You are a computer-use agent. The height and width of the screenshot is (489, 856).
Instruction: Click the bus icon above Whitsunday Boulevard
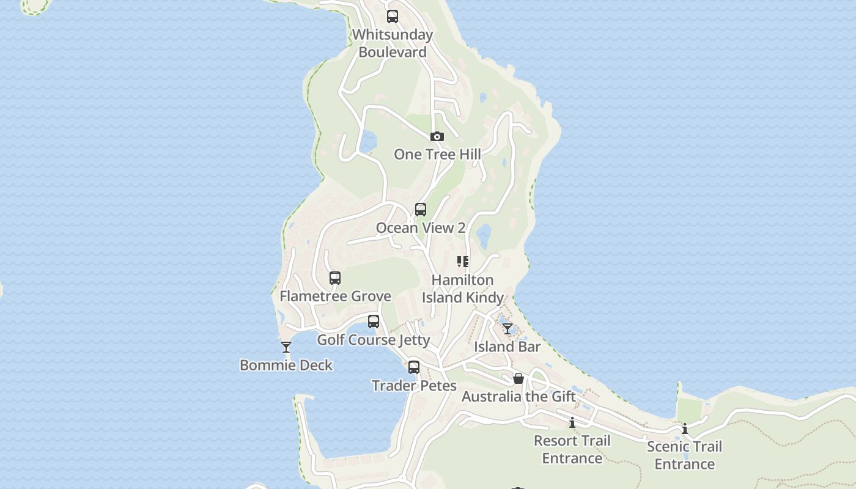pyautogui.click(x=393, y=17)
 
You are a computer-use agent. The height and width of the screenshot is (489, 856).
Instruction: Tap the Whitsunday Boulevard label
pyautogui.click(x=393, y=43)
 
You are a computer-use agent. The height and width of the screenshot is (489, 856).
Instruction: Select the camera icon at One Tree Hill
pyautogui.click(x=437, y=136)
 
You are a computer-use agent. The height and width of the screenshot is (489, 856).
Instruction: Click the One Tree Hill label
pyautogui.click(x=437, y=154)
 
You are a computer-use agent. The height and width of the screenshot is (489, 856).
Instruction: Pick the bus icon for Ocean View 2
pyautogui.click(x=421, y=210)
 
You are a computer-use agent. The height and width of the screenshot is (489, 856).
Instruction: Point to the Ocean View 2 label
pyautogui.click(x=421, y=228)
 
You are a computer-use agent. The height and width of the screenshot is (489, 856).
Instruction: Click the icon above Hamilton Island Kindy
pyautogui.click(x=463, y=262)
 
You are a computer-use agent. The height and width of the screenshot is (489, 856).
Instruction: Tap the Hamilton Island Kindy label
pyautogui.click(x=463, y=289)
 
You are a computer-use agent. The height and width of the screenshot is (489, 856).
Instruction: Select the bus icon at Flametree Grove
pyautogui.click(x=335, y=278)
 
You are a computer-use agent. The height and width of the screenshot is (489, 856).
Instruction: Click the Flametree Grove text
pyautogui.click(x=335, y=296)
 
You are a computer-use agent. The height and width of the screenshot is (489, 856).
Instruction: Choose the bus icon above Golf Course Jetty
pyautogui.click(x=374, y=322)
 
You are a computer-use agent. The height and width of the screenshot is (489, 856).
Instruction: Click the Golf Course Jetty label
pyautogui.click(x=374, y=340)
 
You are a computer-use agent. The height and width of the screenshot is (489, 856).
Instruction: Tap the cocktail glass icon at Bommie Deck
pyautogui.click(x=286, y=347)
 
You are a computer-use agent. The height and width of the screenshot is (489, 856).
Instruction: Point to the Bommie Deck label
pyautogui.click(x=286, y=366)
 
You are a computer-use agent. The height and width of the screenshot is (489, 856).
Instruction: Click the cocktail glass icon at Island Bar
pyautogui.click(x=507, y=329)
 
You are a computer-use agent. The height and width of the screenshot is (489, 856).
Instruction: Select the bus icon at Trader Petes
pyautogui.click(x=414, y=367)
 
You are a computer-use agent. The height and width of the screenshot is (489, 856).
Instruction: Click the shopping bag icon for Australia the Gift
pyautogui.click(x=518, y=378)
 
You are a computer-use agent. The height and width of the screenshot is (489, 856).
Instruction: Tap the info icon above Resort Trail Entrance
pyautogui.click(x=572, y=422)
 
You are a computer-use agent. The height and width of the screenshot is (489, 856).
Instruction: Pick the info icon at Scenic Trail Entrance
pyautogui.click(x=685, y=428)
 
